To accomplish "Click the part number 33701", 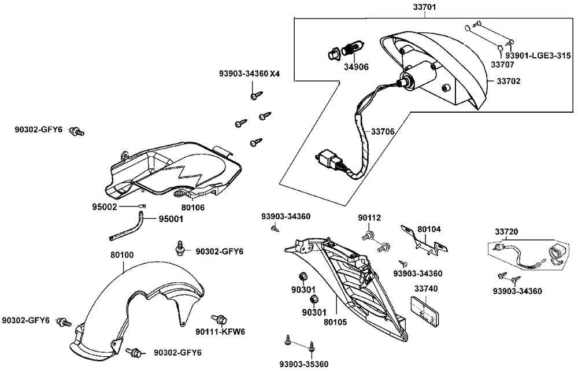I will (424, 8).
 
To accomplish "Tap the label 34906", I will (357, 67).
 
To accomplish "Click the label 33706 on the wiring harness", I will (383, 132).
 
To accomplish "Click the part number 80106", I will (192, 206).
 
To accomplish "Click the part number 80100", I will (122, 254).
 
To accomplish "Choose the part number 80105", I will (335, 322).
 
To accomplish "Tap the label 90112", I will (369, 218).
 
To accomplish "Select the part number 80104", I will (429, 229).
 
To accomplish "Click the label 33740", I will (425, 289).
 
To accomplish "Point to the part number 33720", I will (506, 232).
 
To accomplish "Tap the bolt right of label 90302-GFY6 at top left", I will (76, 131).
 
